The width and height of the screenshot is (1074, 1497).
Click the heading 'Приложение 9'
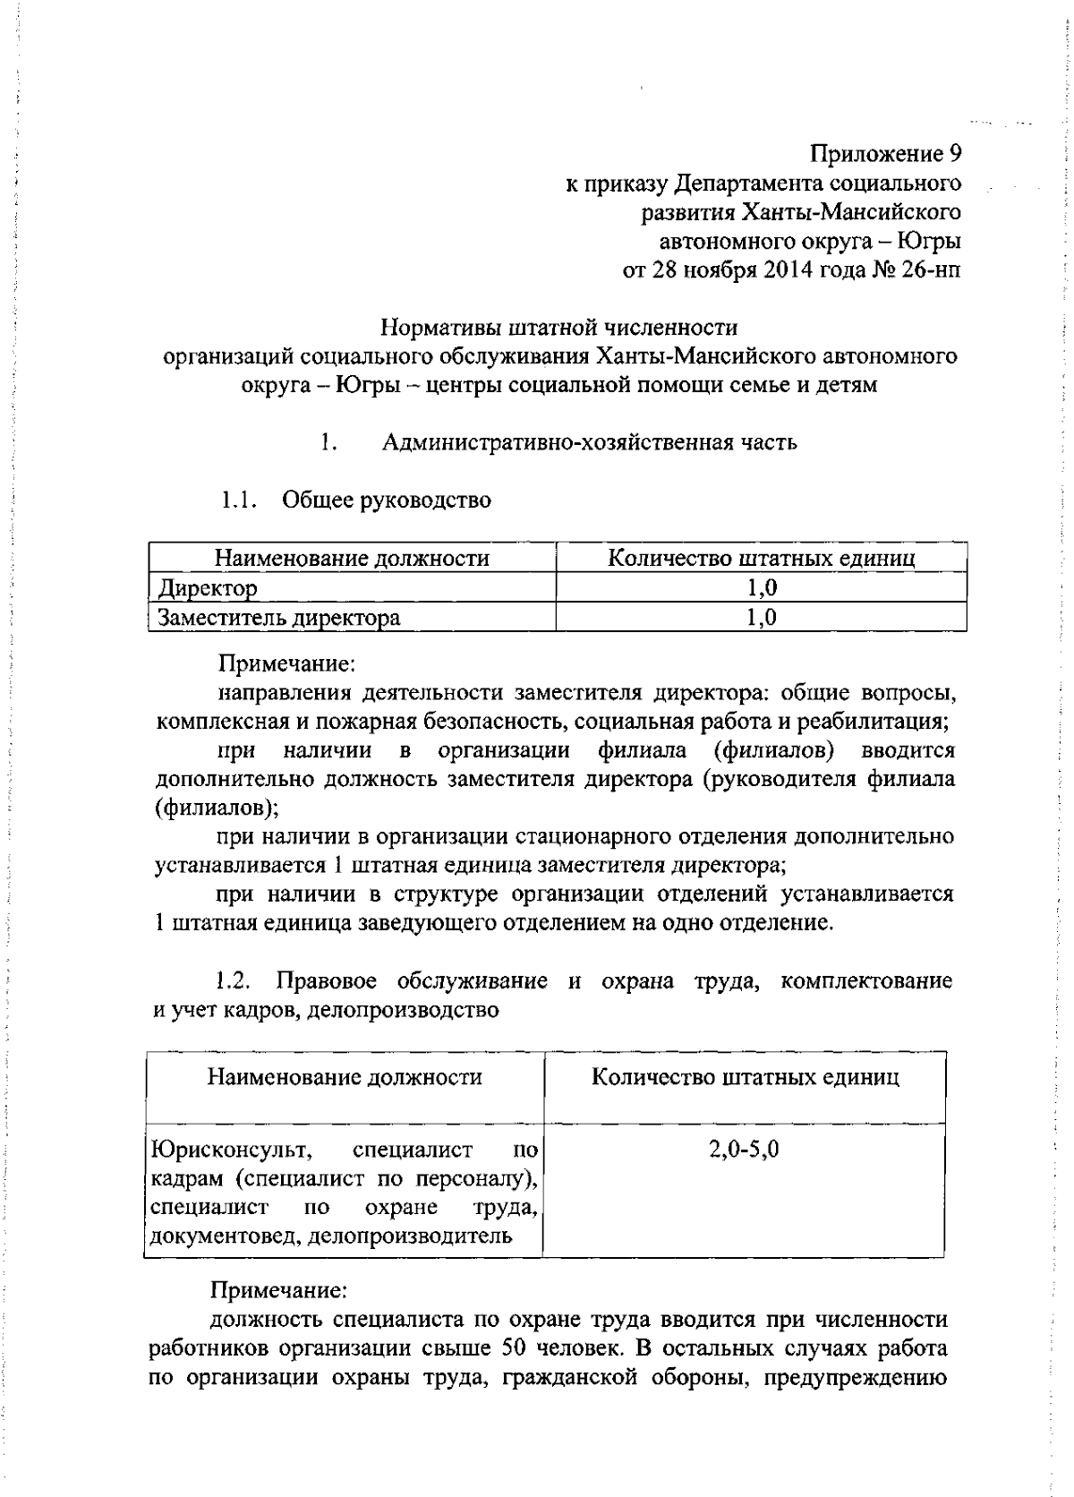pyautogui.click(x=885, y=154)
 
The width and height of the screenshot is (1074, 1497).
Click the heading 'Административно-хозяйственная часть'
pyautogui.click(x=589, y=442)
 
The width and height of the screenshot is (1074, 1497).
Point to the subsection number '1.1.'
pyautogui.click(x=240, y=500)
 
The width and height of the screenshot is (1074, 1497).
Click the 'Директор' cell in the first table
pyautogui.click(x=208, y=588)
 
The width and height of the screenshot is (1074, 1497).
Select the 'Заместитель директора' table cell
pyautogui.click(x=278, y=618)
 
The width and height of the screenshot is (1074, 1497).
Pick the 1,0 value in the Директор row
pyautogui.click(x=762, y=588)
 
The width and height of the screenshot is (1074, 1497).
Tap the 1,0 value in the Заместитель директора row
pyautogui.click(x=762, y=618)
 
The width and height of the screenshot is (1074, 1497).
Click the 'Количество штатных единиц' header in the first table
pyautogui.click(x=762, y=559)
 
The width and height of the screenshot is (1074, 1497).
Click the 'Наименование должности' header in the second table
pyautogui.click(x=345, y=1076)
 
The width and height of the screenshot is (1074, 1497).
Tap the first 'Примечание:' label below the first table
pyautogui.click(x=287, y=663)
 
